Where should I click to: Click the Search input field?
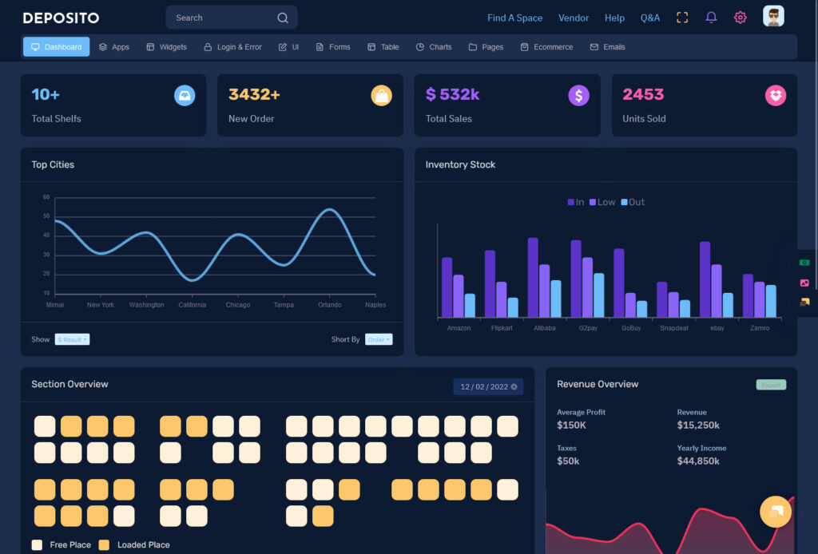224,18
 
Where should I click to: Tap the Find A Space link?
514,18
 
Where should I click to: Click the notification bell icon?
711,18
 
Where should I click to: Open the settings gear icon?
741,18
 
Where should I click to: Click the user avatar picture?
773,17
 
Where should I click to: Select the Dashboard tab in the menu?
56,47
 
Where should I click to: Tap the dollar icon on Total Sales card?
579,96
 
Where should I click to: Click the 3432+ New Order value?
254,94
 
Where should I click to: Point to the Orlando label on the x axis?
329,305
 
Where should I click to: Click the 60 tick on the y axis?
46,197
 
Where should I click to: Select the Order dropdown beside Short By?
379,339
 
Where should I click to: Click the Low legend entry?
602,202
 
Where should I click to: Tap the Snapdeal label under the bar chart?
673,328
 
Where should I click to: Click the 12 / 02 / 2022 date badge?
488,387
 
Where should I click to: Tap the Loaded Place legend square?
104,545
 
